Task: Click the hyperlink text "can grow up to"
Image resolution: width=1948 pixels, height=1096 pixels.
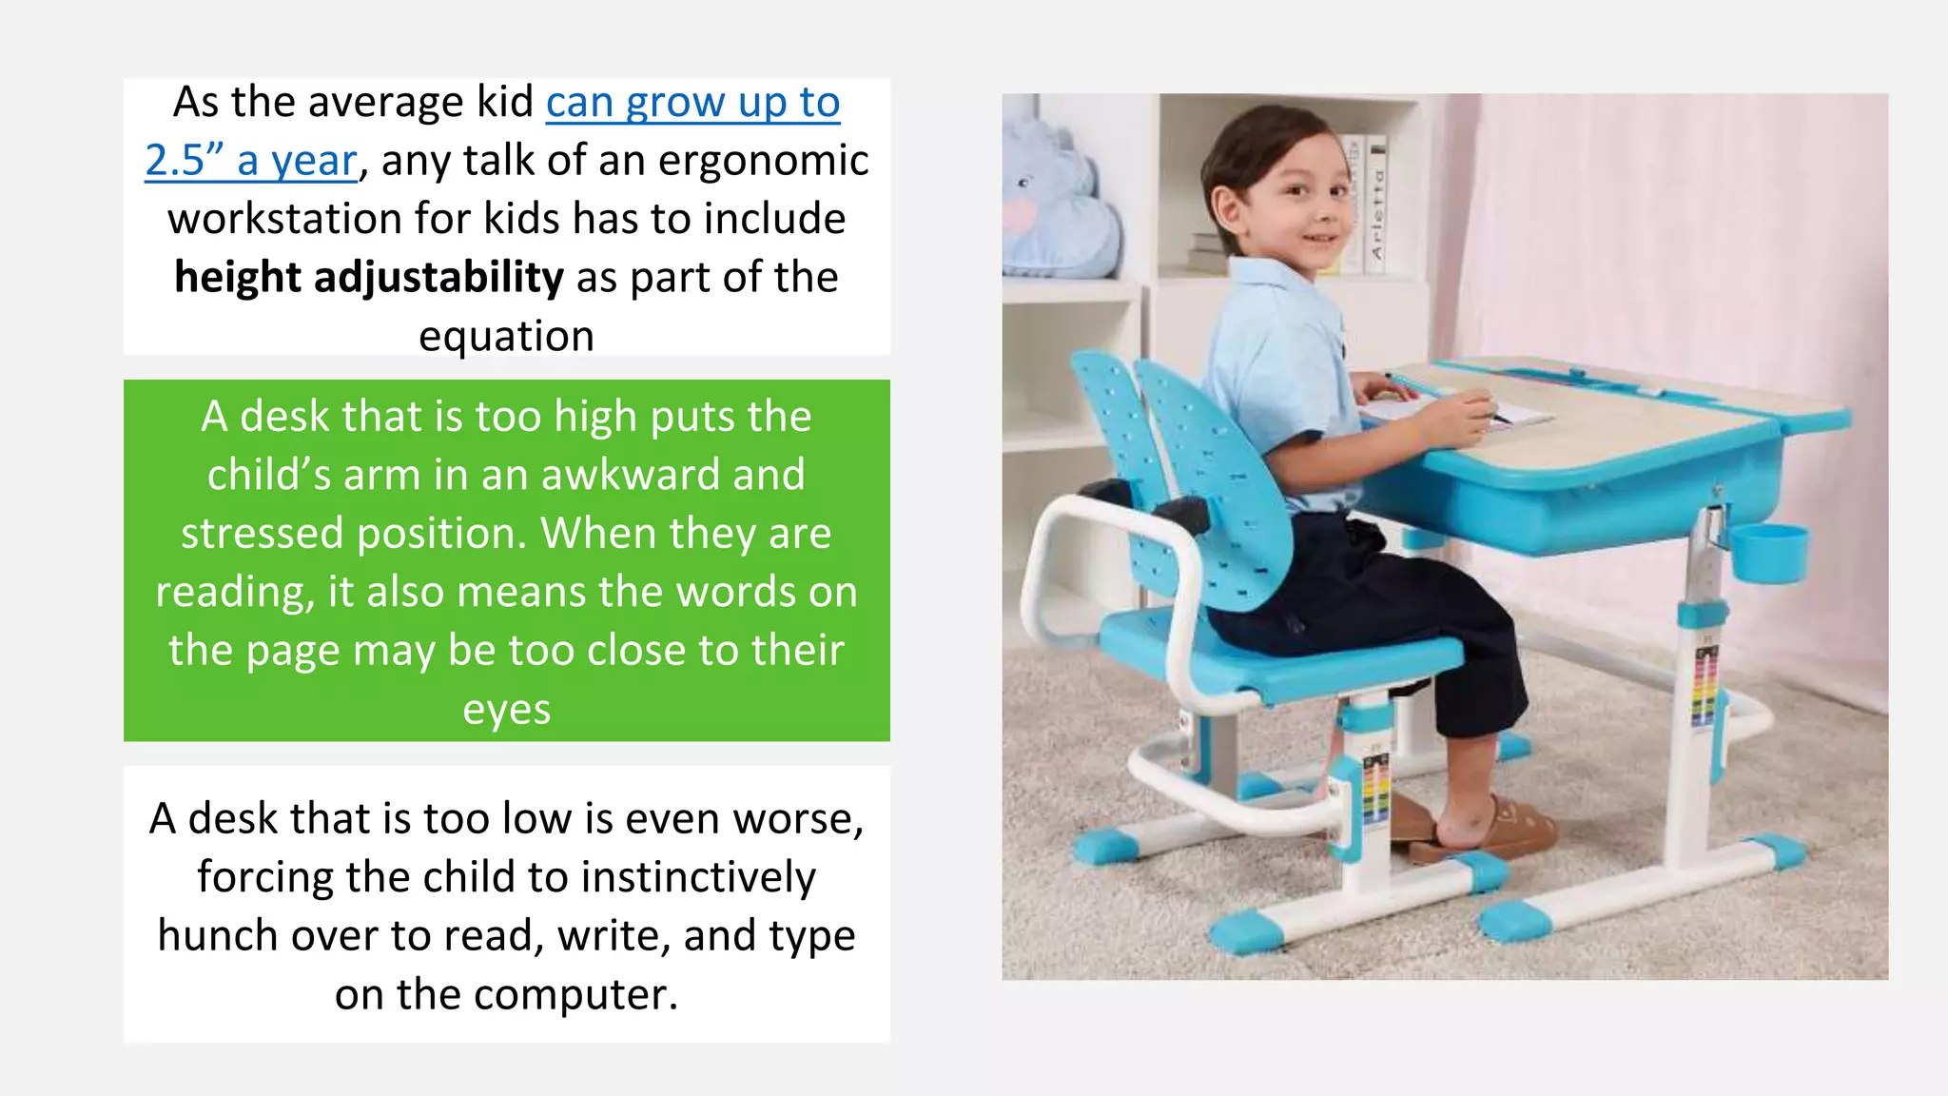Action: coord(692,103)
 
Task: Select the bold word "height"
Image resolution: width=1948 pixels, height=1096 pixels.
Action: coord(238,278)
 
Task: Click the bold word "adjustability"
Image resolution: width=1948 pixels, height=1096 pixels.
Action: coord(438,278)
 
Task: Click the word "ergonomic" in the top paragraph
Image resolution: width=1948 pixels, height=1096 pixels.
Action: coord(763,161)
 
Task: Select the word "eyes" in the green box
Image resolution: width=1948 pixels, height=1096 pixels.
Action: coord(506,710)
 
